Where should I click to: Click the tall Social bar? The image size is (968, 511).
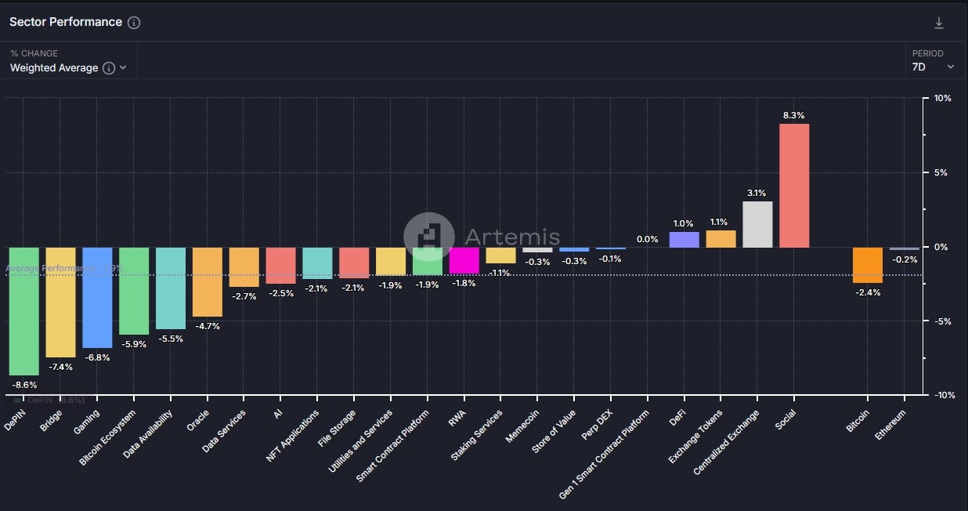[x=794, y=186]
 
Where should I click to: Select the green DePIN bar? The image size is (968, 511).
[x=23, y=311]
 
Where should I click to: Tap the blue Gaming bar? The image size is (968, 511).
[x=97, y=298]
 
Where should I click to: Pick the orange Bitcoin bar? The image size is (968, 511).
[x=868, y=265]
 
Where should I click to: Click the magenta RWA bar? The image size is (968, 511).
[x=464, y=260]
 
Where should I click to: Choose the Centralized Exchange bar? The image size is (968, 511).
[x=757, y=225]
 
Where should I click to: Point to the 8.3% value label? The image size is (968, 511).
[x=793, y=115]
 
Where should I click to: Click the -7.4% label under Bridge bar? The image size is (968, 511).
[x=60, y=366]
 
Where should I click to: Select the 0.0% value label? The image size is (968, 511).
[x=647, y=239]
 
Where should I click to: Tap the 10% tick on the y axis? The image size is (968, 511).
[x=942, y=99]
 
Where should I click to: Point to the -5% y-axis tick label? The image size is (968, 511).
[x=942, y=321]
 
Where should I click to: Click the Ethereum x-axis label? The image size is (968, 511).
[x=891, y=424]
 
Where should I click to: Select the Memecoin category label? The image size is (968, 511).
[x=522, y=426]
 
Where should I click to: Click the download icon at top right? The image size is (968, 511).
[x=939, y=23]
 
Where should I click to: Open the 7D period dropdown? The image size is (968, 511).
[x=933, y=67]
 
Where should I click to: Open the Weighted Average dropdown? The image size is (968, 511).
[x=68, y=68]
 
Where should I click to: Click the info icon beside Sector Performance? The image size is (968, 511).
[x=134, y=23]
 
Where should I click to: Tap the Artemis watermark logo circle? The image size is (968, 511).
[x=428, y=237]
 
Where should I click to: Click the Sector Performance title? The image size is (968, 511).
[x=66, y=22]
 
